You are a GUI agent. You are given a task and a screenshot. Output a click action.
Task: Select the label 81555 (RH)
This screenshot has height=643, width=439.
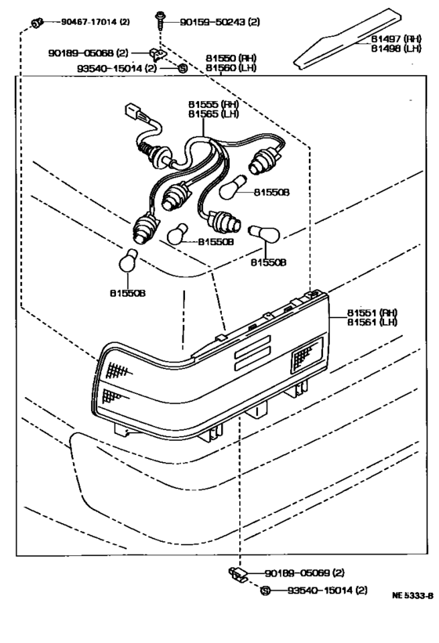click(x=213, y=103)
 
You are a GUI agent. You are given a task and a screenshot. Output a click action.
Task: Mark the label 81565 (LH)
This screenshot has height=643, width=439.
click(x=213, y=114)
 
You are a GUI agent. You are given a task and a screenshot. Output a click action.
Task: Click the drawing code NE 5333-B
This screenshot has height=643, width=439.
click(x=412, y=595)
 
